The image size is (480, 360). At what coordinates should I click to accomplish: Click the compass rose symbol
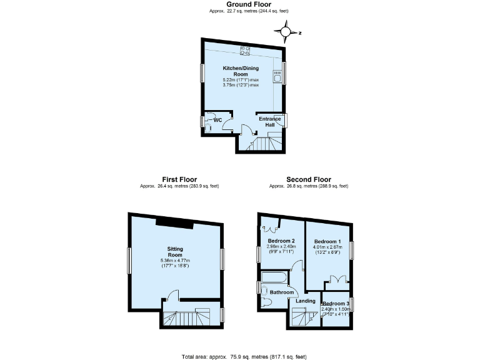[x=286, y=31]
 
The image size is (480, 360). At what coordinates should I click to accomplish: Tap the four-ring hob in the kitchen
[x=246, y=50]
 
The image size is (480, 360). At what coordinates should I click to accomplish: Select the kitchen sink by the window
[x=276, y=77]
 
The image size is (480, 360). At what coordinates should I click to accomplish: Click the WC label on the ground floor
[x=218, y=119]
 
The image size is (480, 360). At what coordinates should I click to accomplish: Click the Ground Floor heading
[x=240, y=4]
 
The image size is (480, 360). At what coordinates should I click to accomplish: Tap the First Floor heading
[x=179, y=179]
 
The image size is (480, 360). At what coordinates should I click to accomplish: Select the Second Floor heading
[x=308, y=179]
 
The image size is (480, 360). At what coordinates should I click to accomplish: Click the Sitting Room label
[x=176, y=252]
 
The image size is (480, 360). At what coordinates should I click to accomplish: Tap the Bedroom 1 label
[x=327, y=241]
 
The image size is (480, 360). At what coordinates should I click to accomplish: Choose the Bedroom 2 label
[x=281, y=241]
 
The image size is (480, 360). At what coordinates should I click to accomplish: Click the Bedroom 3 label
[x=336, y=303]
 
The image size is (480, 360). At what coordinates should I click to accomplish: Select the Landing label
[x=306, y=301]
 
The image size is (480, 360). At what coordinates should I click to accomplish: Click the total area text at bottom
[x=244, y=356]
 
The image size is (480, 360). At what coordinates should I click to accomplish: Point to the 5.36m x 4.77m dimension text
[x=176, y=261]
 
